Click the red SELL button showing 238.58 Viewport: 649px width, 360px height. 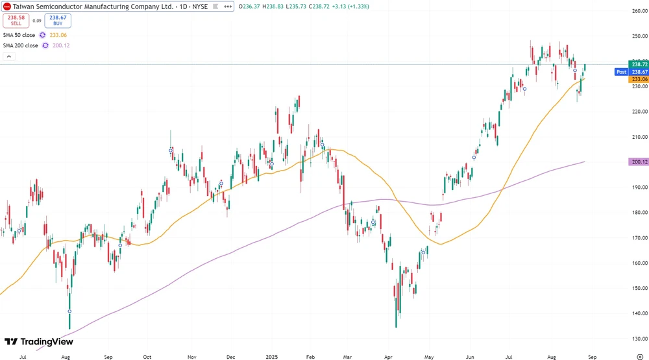(16, 19)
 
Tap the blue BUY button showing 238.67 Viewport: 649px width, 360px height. (58, 19)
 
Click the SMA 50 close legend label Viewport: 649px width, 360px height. (19, 35)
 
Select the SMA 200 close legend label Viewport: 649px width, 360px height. (20, 45)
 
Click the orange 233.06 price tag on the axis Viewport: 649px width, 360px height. (639, 78)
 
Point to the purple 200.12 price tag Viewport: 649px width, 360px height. (639, 162)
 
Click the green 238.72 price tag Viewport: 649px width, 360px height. (639, 64)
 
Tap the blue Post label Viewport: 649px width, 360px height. (620, 72)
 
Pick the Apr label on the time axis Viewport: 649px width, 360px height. (388, 356)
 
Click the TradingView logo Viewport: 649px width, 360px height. (39, 342)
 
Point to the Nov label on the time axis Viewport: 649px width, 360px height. (191, 356)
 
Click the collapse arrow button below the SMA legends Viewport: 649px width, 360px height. (9, 56)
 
